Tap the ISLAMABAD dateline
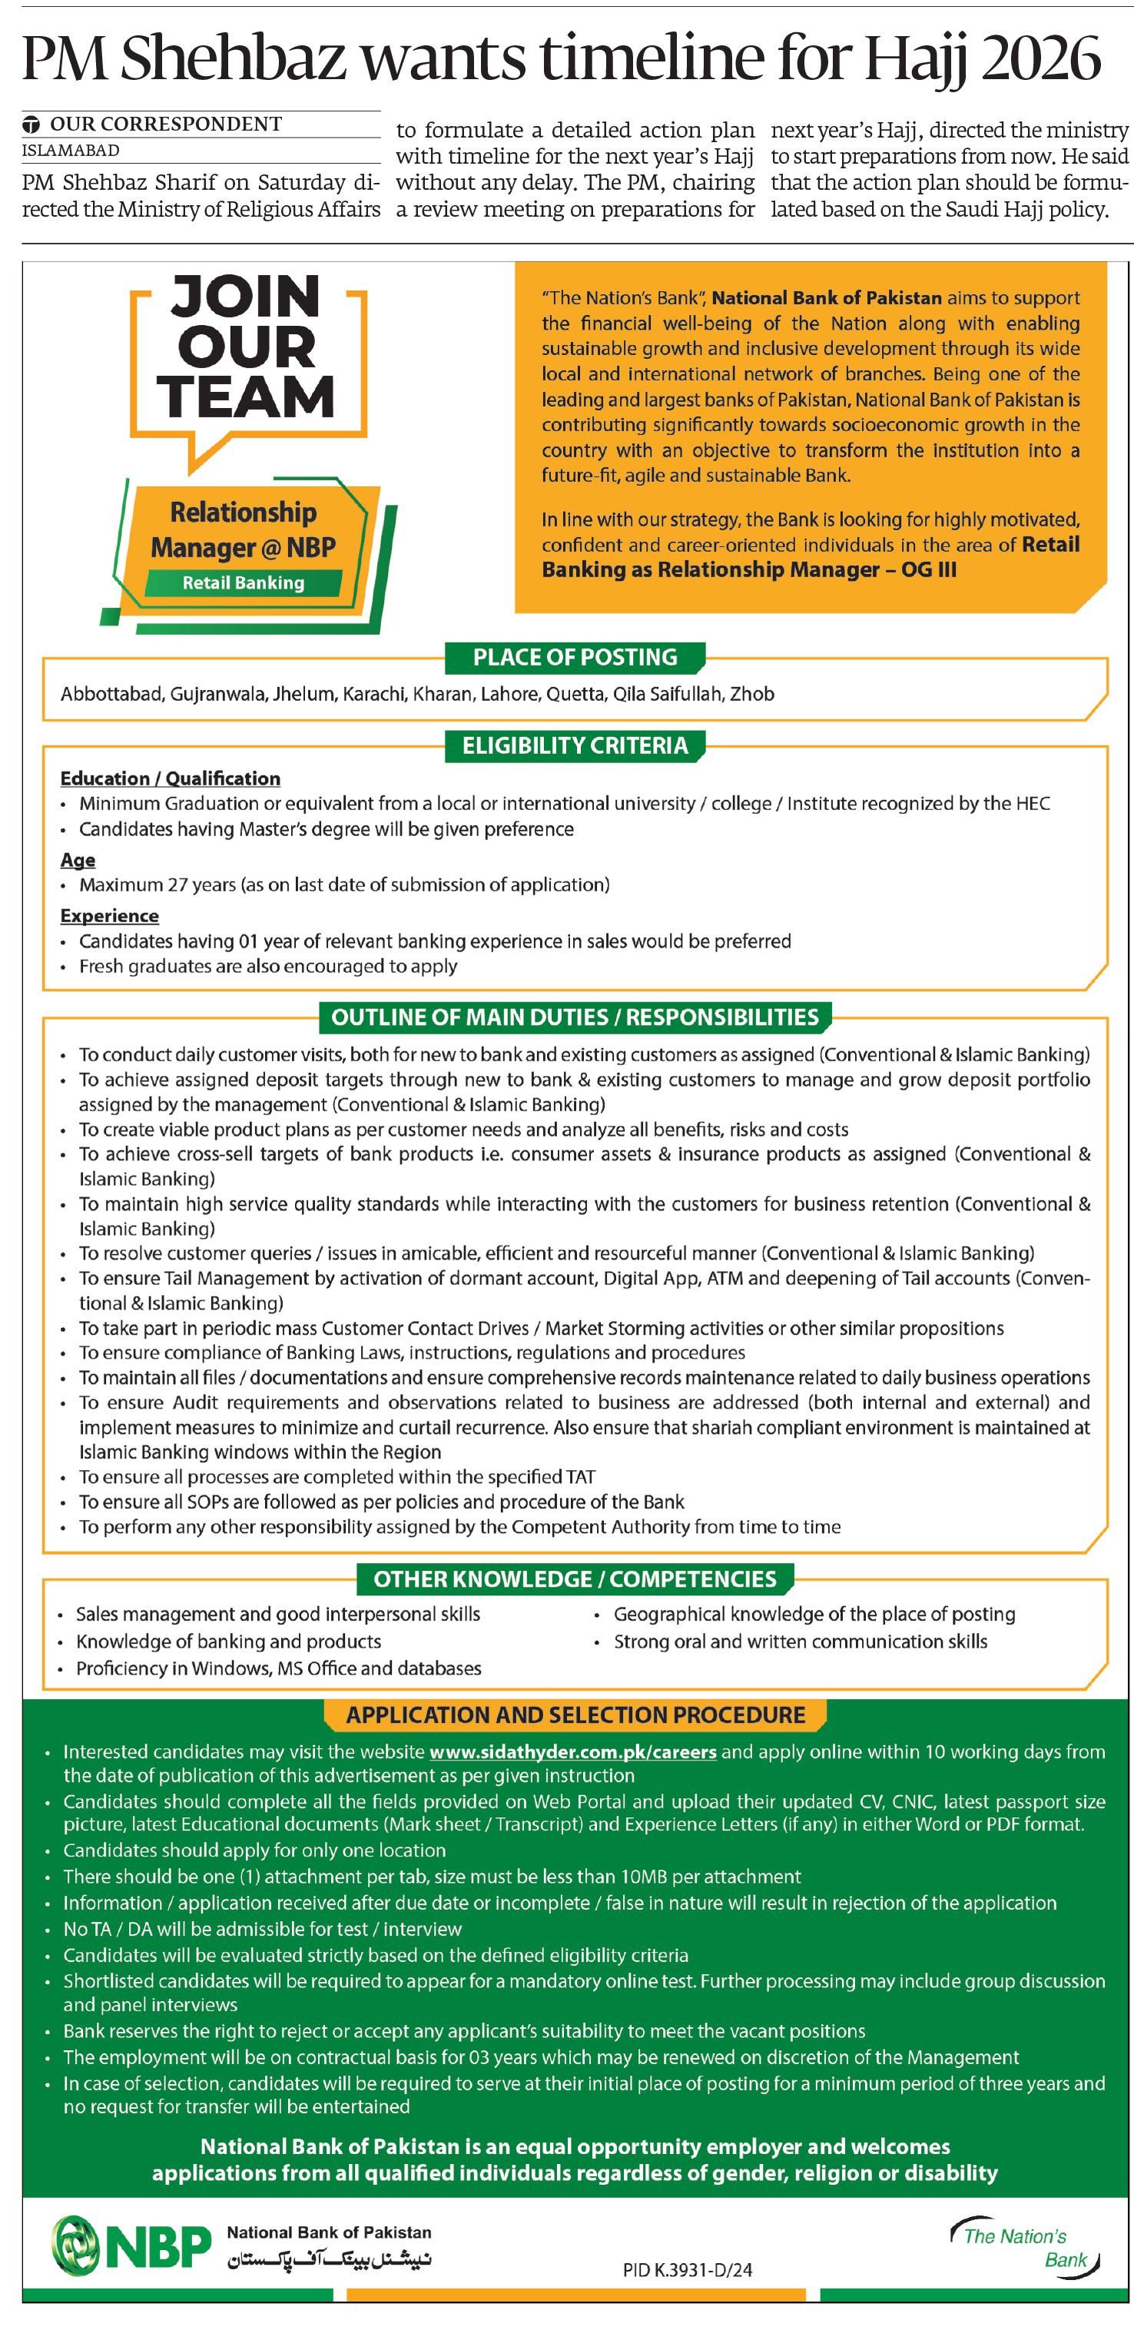(71, 150)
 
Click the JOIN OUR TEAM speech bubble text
(245, 347)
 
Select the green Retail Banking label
(244, 583)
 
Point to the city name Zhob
(751, 694)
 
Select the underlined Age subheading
(78, 859)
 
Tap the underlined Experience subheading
(109, 915)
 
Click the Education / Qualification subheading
(170, 778)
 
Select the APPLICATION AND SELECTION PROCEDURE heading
(575, 1715)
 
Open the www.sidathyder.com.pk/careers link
(573, 1752)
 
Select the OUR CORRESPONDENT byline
(165, 124)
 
